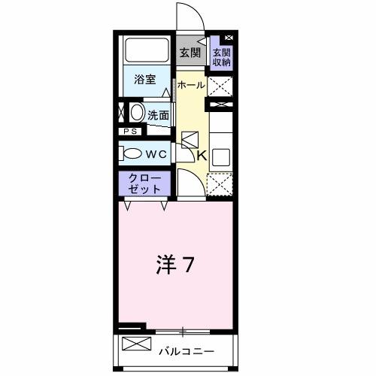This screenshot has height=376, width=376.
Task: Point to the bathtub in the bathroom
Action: pos(147,50)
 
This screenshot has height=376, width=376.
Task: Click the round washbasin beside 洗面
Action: pos(137,114)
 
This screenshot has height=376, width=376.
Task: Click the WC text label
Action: pos(156,153)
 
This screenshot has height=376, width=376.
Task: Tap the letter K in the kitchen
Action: pos(202,156)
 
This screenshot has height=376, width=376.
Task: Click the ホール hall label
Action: pos(190,85)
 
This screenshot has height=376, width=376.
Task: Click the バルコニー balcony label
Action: pos(186,350)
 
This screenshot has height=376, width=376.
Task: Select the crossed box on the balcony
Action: pos(136,346)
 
